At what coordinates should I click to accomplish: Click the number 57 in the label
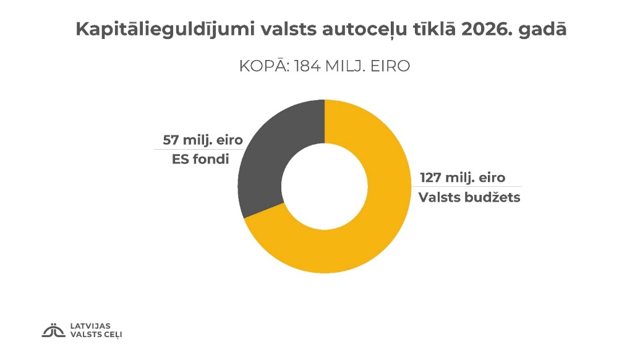coord(171,139)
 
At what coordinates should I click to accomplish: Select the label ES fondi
coord(200,160)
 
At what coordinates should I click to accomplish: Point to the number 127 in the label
coord(432,178)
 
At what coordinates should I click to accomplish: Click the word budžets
coord(492,198)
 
